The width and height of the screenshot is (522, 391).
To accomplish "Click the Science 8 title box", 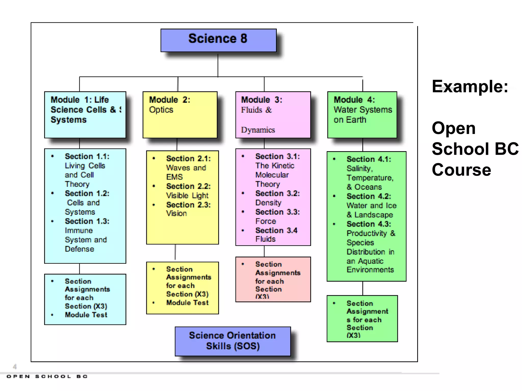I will pyautogui.click(x=218, y=40).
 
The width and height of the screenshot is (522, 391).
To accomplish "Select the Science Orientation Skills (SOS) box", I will pyautogui.click(x=232, y=341).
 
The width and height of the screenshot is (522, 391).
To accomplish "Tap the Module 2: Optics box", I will pyautogui.click(x=180, y=115).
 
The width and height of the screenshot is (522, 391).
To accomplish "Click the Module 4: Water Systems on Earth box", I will pyautogui.click(x=362, y=115).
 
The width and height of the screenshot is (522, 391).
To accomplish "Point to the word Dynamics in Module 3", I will pyautogui.click(x=258, y=130).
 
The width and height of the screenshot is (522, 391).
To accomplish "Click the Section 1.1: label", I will pyautogui.click(x=87, y=156).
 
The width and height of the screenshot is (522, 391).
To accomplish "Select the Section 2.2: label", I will pyautogui.click(x=188, y=186).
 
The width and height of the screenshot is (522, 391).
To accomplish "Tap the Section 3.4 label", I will pyautogui.click(x=276, y=230).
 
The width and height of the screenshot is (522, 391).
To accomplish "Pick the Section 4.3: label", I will pyautogui.click(x=369, y=224).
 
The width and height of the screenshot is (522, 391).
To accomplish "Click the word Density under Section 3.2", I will pyautogui.click(x=268, y=203).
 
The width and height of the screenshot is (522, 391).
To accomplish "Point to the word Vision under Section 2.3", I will pyautogui.click(x=176, y=213).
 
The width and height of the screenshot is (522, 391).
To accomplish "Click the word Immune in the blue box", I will pyautogui.click(x=79, y=230).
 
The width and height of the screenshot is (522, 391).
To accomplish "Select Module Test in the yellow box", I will pyautogui.click(x=187, y=303).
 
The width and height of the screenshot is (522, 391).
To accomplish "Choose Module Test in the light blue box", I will pyautogui.click(x=86, y=315).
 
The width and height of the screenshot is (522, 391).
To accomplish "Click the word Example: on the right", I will pyautogui.click(x=470, y=87).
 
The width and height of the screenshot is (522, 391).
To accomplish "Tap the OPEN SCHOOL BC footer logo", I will pyautogui.click(x=47, y=376).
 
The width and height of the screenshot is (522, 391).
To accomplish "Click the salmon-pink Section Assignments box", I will pyautogui.click(x=273, y=279).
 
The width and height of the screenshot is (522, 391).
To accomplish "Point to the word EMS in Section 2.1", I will pyautogui.click(x=174, y=177).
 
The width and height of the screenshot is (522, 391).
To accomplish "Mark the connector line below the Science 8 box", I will pyautogui.click(x=218, y=65).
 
